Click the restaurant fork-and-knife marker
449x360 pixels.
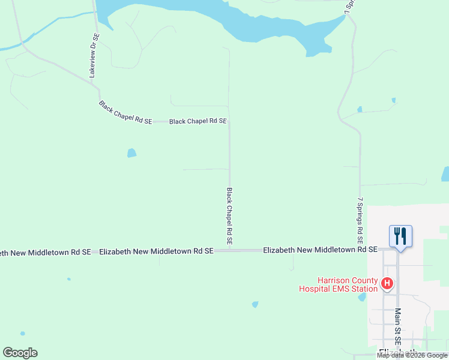click(x=400, y=236)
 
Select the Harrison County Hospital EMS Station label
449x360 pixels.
click(x=339, y=284)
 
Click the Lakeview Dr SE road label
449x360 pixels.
click(x=94, y=55)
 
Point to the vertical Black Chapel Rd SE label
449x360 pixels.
click(x=229, y=215)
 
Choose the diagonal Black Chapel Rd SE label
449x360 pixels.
click(x=125, y=112)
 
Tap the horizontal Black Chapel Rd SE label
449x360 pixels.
click(x=198, y=121)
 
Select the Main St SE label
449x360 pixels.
click(x=397, y=326)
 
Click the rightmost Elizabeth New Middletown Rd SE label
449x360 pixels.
click(x=320, y=249)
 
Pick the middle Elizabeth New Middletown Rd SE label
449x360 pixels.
click(x=156, y=252)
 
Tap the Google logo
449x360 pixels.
click(x=20, y=353)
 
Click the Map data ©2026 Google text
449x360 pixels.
click(x=412, y=355)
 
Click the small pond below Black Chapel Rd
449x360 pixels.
click(x=131, y=153)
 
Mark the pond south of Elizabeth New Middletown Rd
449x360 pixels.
click(x=255, y=304)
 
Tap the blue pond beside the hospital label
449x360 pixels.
click(x=362, y=297)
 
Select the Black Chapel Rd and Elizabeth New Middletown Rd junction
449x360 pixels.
click(x=229, y=250)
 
